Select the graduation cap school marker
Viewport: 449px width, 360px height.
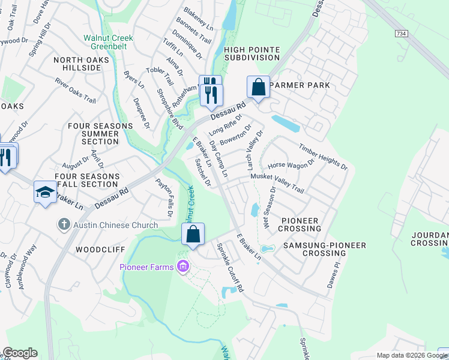(x=45, y=192)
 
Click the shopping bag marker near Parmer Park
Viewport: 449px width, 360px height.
(x=258, y=87)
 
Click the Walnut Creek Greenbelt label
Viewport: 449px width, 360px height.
(x=108, y=43)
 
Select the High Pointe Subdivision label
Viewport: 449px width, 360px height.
(x=252, y=53)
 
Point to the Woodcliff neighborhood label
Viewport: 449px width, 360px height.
(x=95, y=248)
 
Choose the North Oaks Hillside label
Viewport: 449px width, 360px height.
(x=85, y=64)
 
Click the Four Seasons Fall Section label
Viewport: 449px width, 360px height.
(x=86, y=181)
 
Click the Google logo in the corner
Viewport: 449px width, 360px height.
(x=20, y=353)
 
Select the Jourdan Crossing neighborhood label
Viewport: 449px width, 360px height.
(x=430, y=239)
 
